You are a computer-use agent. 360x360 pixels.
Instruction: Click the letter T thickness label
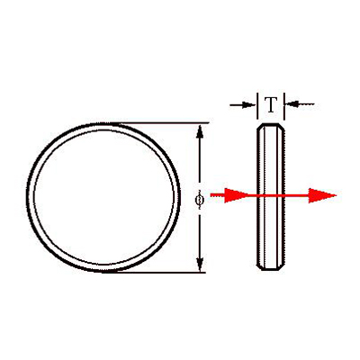click(x=271, y=104)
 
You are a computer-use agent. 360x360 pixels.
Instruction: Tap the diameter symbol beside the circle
click(x=199, y=200)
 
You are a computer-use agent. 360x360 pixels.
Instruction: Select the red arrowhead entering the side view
click(x=237, y=195)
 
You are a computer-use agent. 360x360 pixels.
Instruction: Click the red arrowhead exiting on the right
click(x=322, y=195)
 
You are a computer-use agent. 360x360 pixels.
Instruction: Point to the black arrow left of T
click(x=242, y=104)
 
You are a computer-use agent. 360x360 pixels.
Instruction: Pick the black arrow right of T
click(x=300, y=104)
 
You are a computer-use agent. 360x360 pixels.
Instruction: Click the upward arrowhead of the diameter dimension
click(x=200, y=131)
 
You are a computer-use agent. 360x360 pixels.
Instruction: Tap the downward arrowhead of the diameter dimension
click(x=200, y=265)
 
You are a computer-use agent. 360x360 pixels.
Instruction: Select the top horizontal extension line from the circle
click(x=159, y=122)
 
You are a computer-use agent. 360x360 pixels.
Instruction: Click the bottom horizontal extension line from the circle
click(x=154, y=273)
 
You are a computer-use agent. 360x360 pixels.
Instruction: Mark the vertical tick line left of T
click(x=257, y=106)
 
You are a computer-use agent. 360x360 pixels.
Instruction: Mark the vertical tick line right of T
click(x=283, y=106)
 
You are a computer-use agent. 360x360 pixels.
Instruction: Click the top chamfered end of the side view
click(x=271, y=125)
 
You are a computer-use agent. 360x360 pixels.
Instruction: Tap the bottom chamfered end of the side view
click(x=271, y=267)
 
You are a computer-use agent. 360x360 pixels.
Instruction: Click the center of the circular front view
click(x=103, y=197)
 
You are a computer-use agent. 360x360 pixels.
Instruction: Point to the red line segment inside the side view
click(x=271, y=195)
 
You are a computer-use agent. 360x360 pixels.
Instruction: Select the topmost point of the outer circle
click(x=103, y=123)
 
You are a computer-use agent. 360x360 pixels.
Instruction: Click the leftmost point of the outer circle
click(x=28, y=197)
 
